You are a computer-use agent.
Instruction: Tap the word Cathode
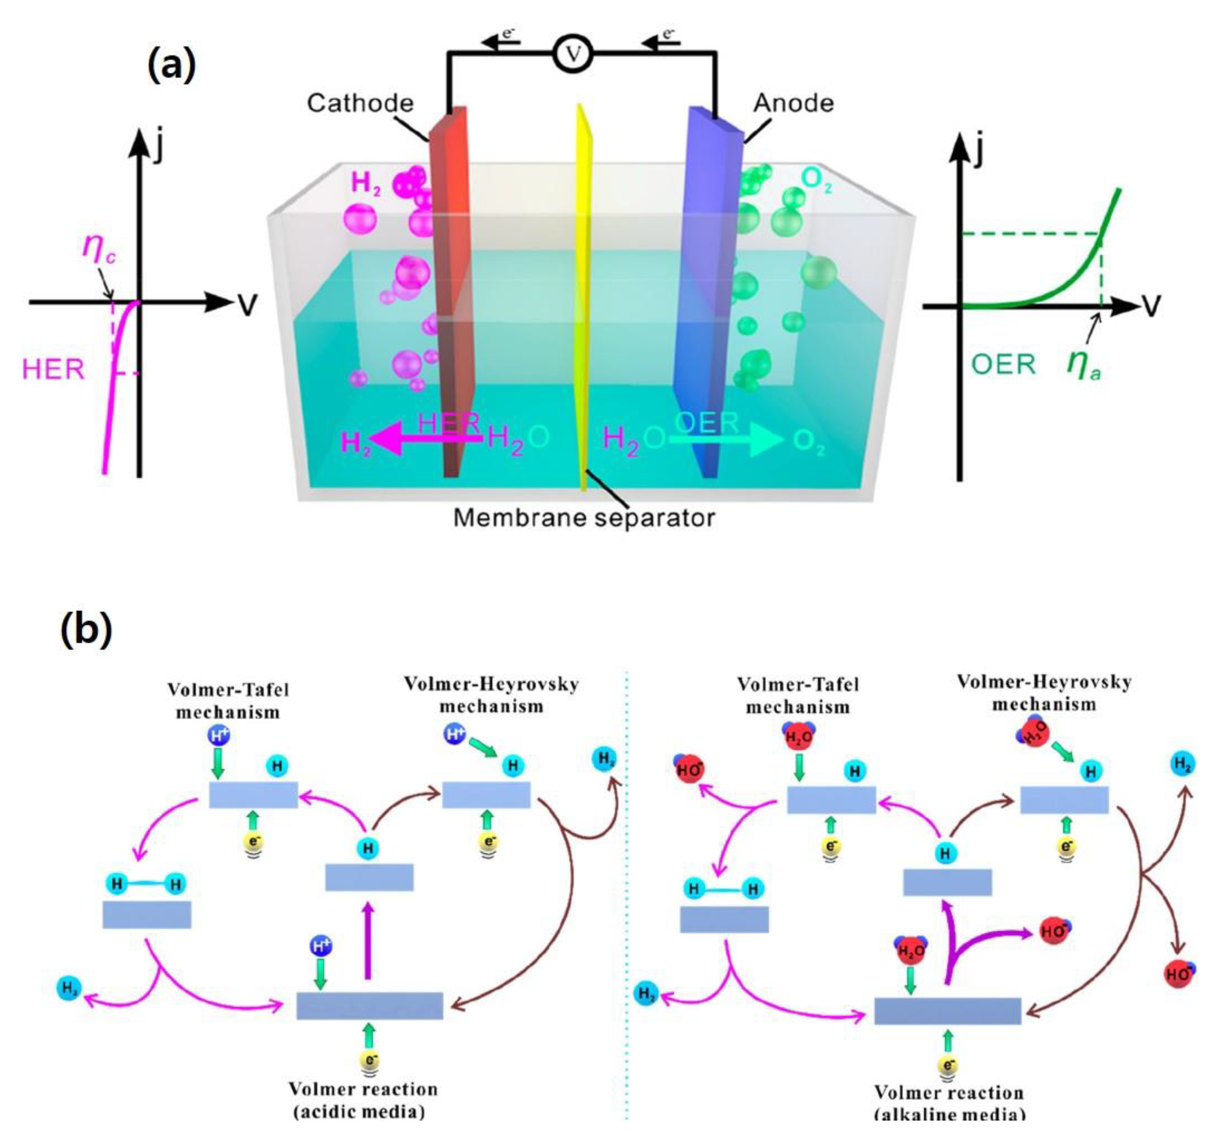click(360, 103)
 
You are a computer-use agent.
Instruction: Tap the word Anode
click(793, 103)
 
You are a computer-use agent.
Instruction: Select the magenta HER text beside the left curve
click(53, 370)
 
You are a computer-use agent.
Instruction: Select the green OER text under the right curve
click(1003, 364)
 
